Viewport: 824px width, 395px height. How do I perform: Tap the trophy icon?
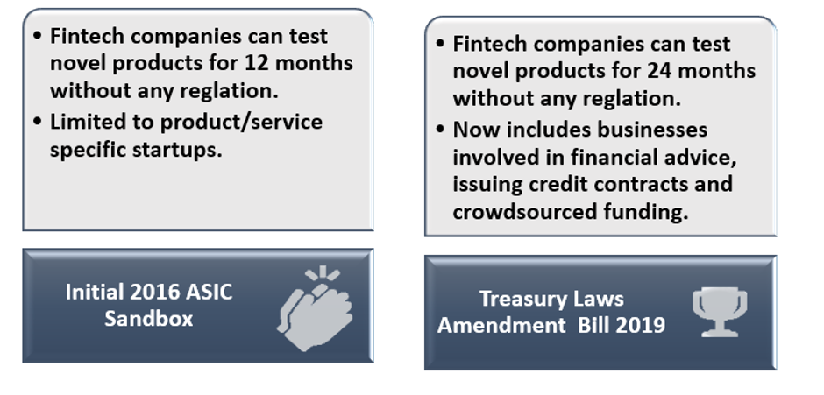[720, 312]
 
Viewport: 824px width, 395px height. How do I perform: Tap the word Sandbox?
[149, 319]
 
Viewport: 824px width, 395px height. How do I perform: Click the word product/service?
[241, 123]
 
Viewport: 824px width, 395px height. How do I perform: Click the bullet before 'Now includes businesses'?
[440, 130]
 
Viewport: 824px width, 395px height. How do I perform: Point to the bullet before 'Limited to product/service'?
[37, 122]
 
